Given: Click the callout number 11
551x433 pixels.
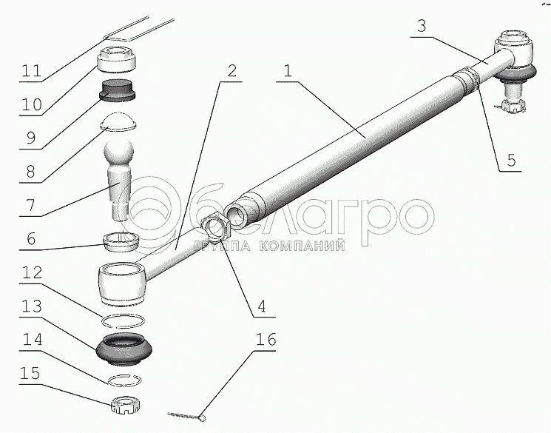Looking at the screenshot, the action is (x=32, y=71).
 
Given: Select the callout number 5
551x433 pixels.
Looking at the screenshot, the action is (x=511, y=160).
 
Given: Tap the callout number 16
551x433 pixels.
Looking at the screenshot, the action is (x=266, y=340).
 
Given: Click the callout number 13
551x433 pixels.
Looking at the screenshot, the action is (x=32, y=306).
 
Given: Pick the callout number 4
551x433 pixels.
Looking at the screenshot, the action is (x=261, y=306).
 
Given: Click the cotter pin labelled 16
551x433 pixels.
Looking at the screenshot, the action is (x=186, y=416).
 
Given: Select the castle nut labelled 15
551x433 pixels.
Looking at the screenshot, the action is (x=125, y=405).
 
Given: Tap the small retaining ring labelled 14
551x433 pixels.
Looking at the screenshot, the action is (x=125, y=379).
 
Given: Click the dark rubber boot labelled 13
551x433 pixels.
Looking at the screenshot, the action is (x=124, y=348).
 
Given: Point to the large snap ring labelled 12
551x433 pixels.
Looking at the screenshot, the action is (x=123, y=320).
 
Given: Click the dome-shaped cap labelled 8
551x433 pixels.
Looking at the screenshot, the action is (x=118, y=122).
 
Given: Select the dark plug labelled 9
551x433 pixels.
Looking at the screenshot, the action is (x=118, y=90).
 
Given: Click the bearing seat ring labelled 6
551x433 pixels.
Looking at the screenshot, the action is (x=121, y=242).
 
